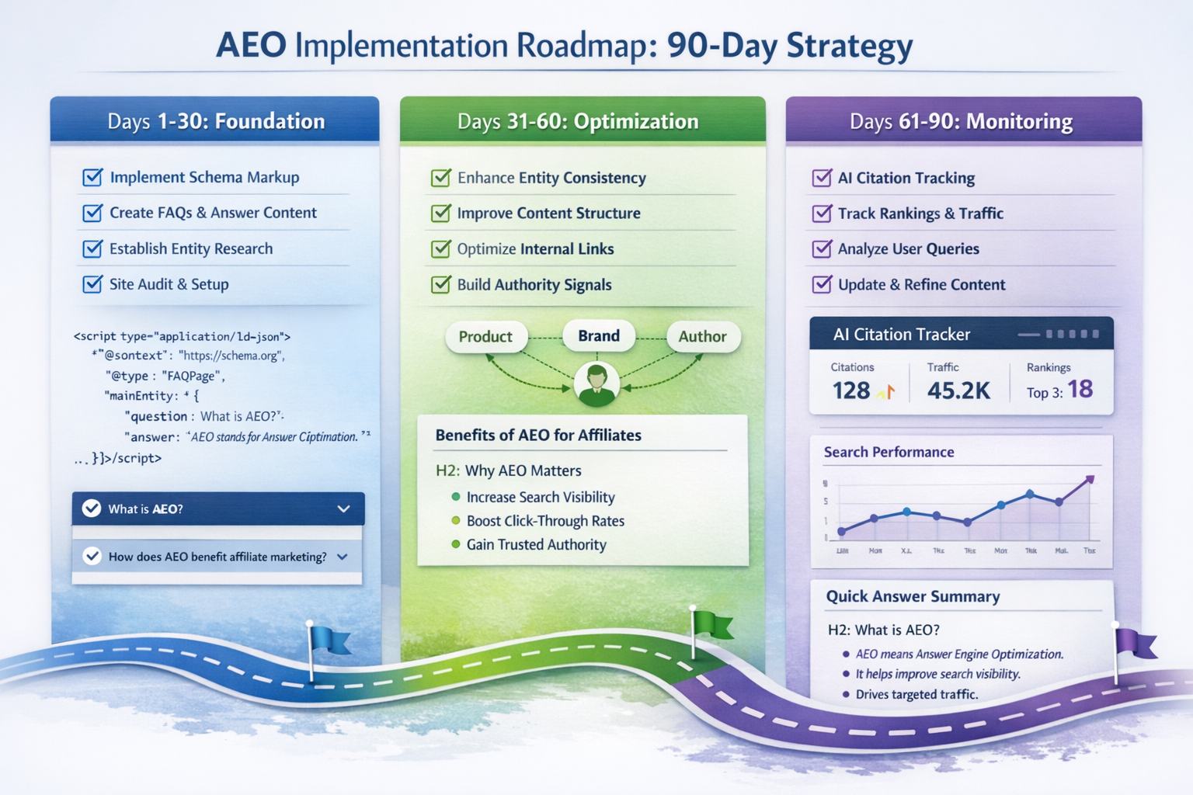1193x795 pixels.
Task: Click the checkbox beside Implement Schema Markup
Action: [x=92, y=177]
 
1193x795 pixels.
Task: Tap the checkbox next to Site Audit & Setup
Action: [x=92, y=284]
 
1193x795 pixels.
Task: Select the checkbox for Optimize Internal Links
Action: [x=440, y=248]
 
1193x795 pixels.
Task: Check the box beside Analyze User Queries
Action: [x=821, y=248]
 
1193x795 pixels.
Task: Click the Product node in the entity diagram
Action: [x=485, y=337]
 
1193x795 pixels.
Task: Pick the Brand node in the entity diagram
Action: [x=599, y=336]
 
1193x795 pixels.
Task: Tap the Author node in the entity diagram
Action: [x=702, y=337]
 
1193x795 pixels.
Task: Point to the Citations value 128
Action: [x=851, y=391]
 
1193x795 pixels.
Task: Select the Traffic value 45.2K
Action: [x=958, y=391]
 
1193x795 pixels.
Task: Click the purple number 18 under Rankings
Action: [x=1080, y=389]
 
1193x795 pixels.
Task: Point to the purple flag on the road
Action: [x=1135, y=644]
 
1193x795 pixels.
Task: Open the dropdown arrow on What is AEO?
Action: [x=343, y=509]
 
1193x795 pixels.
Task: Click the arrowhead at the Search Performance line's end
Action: [x=1090, y=480]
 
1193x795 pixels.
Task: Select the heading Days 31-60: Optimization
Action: [x=578, y=122]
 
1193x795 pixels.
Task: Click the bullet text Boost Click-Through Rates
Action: [x=545, y=521]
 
